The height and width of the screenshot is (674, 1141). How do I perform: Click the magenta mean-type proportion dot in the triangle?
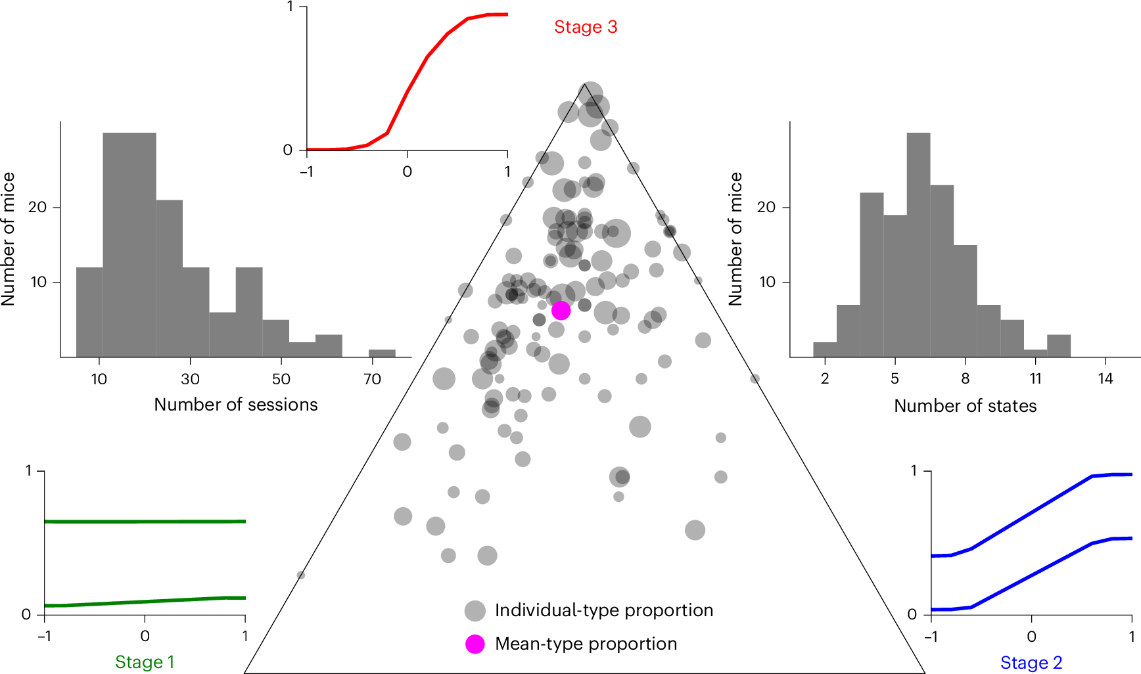[561, 311]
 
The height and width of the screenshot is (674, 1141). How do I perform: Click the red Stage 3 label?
[585, 27]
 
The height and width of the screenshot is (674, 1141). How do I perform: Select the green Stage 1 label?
[145, 662]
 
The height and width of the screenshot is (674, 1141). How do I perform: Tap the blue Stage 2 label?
[1031, 662]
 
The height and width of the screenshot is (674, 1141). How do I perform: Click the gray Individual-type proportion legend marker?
[475, 611]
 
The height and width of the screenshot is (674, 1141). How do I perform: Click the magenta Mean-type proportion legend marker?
[475, 644]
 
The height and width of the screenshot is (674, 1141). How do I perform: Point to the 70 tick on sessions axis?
[372, 379]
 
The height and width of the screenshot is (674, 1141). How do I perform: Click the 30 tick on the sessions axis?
[190, 379]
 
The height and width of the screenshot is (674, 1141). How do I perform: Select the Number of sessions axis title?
[235, 405]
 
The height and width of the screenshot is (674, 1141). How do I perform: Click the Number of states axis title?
[965, 406]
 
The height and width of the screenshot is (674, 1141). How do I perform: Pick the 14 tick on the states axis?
[1106, 378]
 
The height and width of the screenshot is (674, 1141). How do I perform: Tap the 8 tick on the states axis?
[965, 378]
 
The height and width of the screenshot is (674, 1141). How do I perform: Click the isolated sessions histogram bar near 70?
[382, 353]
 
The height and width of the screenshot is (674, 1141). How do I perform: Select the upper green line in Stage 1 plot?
[145, 522]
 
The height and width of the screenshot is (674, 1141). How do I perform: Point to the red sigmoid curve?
[407, 91]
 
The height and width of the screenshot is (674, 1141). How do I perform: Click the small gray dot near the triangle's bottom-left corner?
[300, 575]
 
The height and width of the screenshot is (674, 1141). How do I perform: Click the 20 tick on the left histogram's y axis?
[37, 207]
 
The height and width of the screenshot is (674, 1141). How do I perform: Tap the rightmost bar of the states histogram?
[1058, 346]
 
